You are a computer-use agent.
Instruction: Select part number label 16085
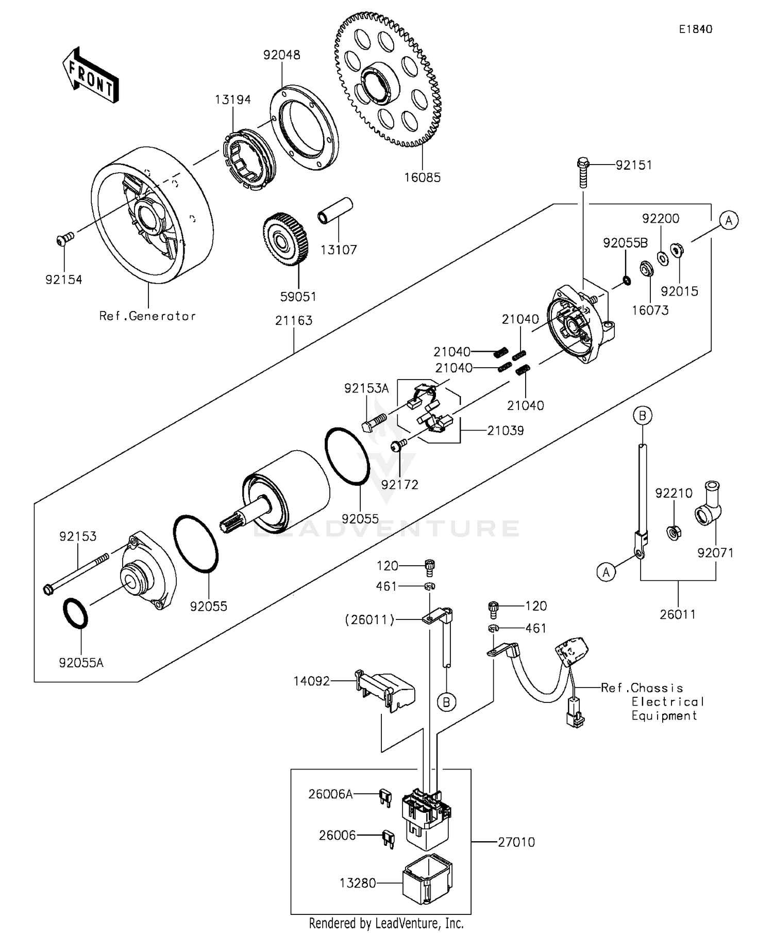tap(422, 178)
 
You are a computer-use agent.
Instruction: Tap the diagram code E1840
tap(695, 29)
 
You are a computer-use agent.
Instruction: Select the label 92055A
tap(81, 663)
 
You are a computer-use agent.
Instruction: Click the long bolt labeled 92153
tap(77, 572)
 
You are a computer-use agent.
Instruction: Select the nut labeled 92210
tap(674, 531)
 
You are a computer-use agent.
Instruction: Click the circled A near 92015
tap(729, 221)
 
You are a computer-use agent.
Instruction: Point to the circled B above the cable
tap(643, 415)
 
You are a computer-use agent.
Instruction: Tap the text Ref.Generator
tap(147, 316)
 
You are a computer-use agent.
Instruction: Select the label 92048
tap(281, 55)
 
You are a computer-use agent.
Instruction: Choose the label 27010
tap(516, 842)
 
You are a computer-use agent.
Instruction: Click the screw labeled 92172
tap(398, 445)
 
